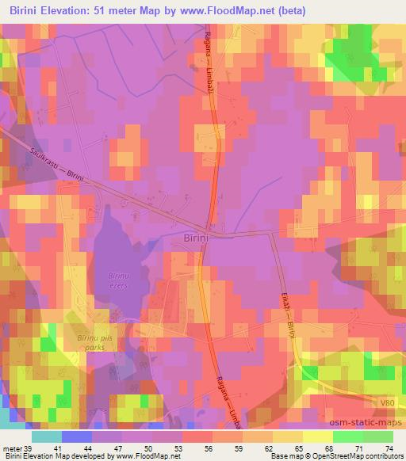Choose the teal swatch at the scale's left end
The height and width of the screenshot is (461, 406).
point(47,436)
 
